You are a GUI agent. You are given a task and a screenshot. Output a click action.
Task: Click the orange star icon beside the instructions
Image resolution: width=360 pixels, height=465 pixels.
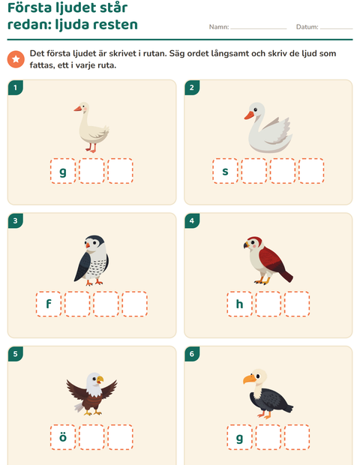tap(16, 59)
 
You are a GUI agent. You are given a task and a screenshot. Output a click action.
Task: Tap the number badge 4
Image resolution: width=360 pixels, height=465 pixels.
tap(192, 220)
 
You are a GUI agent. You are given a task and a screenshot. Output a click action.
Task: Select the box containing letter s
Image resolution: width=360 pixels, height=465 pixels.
tap(225, 171)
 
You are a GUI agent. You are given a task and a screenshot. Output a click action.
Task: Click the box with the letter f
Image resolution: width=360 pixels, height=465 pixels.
tap(49, 304)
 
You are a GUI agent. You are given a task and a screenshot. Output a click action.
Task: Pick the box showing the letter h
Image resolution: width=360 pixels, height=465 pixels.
tap(239, 304)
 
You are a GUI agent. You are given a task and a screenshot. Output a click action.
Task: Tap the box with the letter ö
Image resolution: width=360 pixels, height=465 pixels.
tap(63, 437)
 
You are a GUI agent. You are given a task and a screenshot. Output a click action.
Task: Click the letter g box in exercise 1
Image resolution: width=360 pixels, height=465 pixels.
tap(63, 171)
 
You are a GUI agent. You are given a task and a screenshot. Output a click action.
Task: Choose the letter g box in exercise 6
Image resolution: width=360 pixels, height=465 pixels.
tap(239, 437)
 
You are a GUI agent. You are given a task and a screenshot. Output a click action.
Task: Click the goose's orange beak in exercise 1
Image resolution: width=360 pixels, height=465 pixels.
tap(78, 109)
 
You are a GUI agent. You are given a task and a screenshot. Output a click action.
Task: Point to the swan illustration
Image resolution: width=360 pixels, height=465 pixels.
tap(268, 127)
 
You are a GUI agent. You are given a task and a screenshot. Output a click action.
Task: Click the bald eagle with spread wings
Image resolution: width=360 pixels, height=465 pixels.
tap(91, 394)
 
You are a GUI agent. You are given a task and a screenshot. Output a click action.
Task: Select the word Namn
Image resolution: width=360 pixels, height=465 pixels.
tap(219, 27)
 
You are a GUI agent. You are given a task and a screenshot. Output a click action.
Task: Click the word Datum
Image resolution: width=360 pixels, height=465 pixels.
tap(307, 27)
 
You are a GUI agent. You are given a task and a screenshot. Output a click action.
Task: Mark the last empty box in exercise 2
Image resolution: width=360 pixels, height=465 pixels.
tap(311, 171)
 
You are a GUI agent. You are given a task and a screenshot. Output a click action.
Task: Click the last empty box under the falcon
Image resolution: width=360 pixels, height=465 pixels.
tap(135, 304)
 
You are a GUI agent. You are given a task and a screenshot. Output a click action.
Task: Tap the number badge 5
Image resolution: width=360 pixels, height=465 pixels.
tap(16, 354)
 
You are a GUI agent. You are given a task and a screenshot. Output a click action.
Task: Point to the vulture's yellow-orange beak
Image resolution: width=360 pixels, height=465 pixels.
tap(249, 379)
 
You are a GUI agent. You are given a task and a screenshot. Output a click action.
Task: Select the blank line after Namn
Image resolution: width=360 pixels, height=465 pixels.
tap(259, 28)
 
